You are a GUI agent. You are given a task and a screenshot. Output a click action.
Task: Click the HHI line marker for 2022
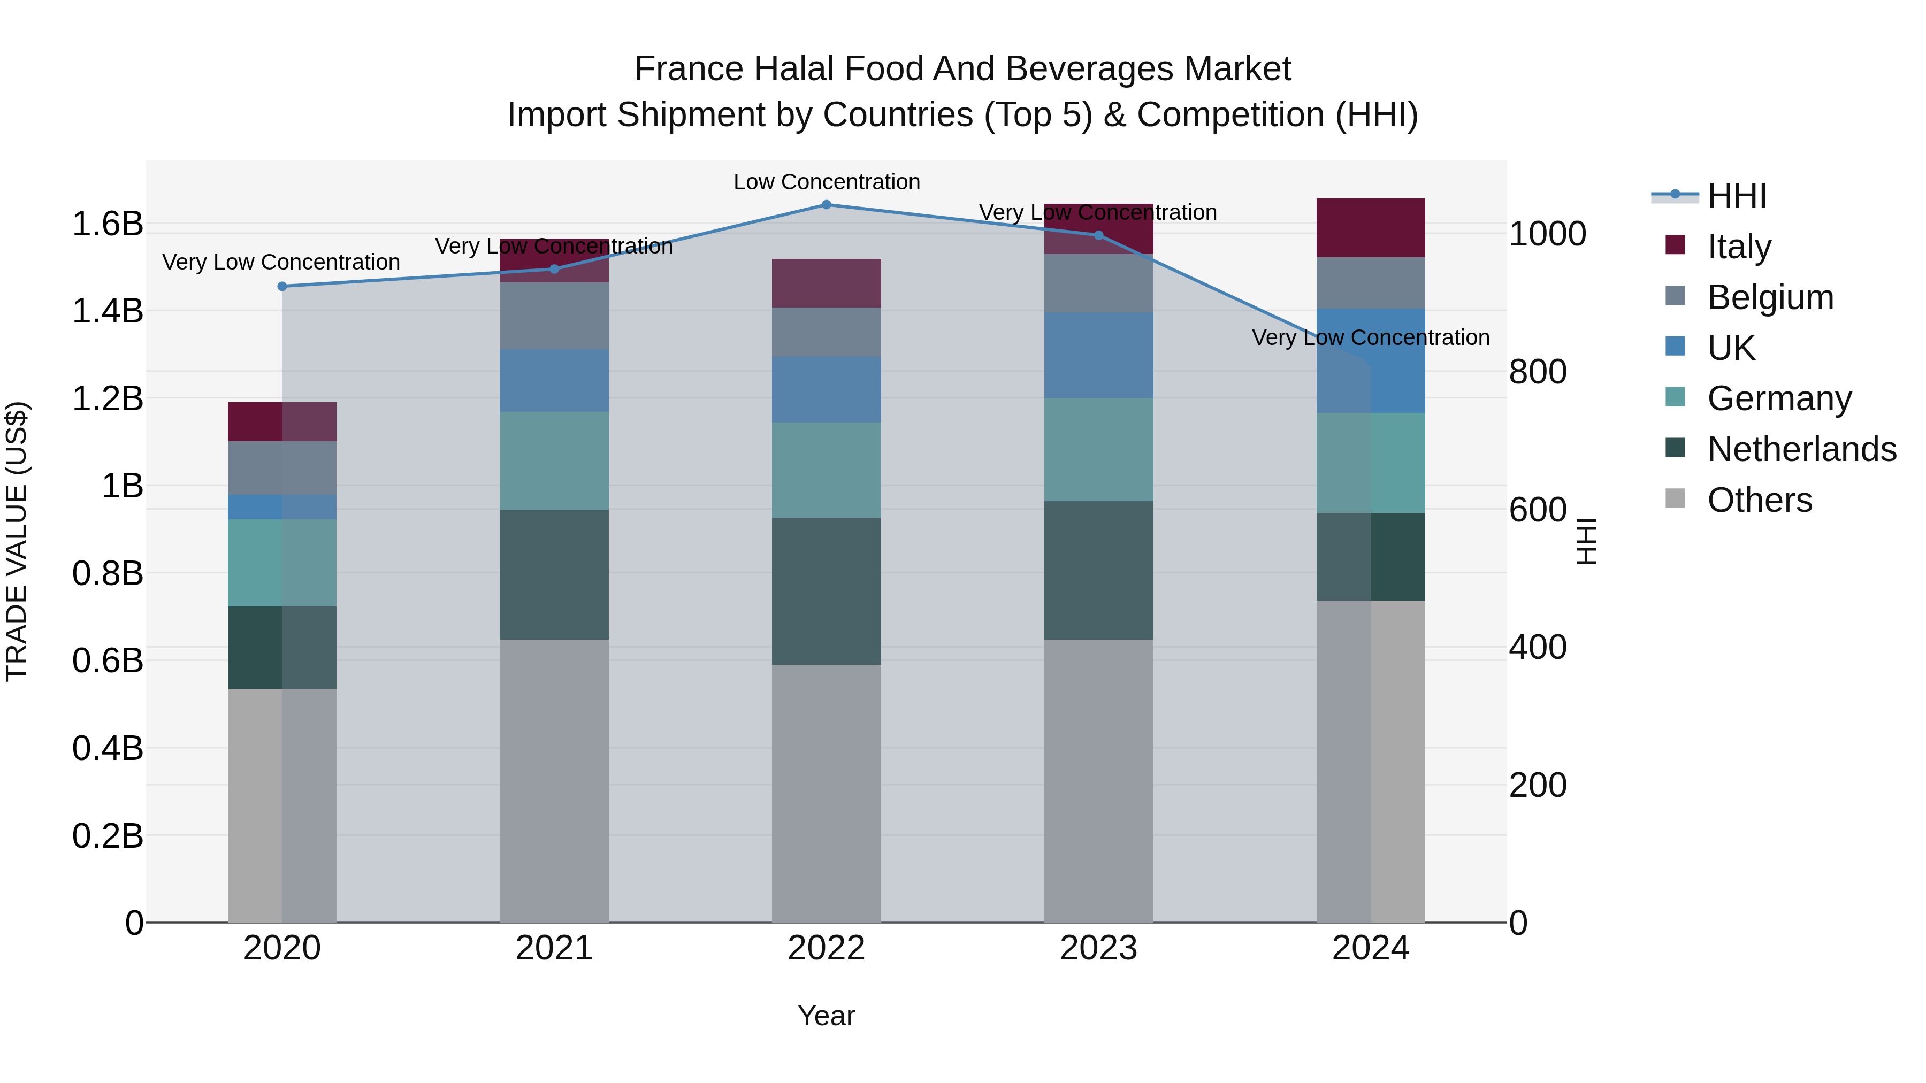(826, 205)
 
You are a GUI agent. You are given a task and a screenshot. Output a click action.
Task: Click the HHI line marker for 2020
(282, 286)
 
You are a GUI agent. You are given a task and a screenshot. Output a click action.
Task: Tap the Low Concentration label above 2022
(826, 182)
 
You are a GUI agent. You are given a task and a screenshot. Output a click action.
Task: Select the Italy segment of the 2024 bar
(1371, 228)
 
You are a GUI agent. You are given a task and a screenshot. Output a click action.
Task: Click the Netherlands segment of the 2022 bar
(826, 590)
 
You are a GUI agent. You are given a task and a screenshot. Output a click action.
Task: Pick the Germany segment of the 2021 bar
(554, 460)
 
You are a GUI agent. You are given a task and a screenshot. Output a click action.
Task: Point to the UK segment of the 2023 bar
(1098, 355)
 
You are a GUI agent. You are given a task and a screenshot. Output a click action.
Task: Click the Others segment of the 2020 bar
(282, 805)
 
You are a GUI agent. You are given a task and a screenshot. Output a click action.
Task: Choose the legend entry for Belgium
(1770, 297)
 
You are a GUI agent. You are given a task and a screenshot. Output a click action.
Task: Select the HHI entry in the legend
(1736, 196)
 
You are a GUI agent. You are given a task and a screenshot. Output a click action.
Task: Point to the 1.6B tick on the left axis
(108, 224)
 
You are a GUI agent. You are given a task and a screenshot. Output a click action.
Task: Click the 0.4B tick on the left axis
(108, 748)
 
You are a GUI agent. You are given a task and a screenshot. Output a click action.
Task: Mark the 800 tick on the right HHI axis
(1537, 372)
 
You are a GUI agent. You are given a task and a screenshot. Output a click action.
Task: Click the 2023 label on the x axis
(1098, 948)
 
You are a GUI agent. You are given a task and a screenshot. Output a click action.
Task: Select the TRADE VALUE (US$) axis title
(17, 541)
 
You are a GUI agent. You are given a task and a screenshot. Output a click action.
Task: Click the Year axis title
(826, 1016)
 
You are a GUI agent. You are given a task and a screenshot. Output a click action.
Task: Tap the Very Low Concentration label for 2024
(1371, 338)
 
